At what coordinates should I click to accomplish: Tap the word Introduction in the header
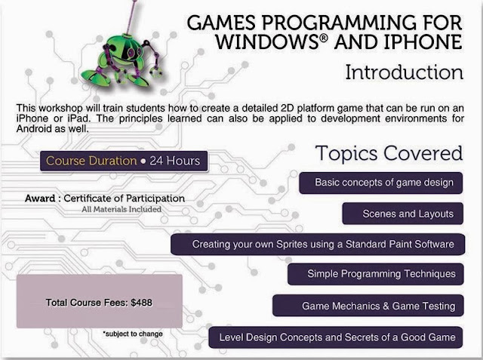tap(405, 72)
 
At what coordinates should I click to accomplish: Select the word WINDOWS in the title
tap(266, 42)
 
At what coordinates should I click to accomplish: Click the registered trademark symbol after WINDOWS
tap(323, 38)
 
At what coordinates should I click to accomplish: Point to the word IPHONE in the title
tap(423, 42)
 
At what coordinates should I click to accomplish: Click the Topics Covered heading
tap(389, 153)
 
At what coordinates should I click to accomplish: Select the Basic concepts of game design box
tap(380, 183)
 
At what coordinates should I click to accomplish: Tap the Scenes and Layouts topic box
tap(402, 214)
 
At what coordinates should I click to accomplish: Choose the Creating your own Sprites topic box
tap(318, 245)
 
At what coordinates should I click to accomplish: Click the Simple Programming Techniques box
tap(376, 274)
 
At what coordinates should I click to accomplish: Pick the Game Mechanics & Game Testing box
tap(368, 306)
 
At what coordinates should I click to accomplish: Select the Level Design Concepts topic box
tap(336, 337)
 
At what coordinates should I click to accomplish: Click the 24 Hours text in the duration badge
tap(174, 161)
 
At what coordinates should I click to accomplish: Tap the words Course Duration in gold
tap(91, 161)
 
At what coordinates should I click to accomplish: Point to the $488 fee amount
tap(141, 303)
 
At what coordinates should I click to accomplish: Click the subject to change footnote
tap(133, 334)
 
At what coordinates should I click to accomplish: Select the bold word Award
tap(40, 198)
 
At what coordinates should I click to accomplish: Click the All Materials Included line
tap(122, 209)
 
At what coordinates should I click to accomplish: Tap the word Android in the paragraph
tap(34, 129)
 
